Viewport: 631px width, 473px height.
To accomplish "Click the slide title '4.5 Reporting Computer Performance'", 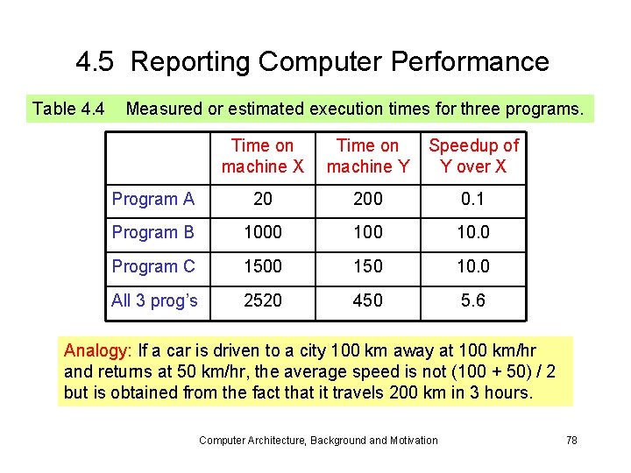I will point(312,62).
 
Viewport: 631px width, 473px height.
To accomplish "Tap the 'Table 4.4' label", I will point(68,109).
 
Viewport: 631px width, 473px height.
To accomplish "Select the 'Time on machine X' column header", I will point(262,156).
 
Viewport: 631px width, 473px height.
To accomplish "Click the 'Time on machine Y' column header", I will point(367,156).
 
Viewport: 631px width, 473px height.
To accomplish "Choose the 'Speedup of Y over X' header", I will point(473,156).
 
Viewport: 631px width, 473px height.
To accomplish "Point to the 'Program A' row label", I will point(152,200).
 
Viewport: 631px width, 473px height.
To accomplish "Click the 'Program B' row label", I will point(152,233).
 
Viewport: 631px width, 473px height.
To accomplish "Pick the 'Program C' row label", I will point(152,267).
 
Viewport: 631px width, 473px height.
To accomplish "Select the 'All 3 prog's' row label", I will point(154,301).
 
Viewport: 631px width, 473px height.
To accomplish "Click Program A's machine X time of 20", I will point(262,200).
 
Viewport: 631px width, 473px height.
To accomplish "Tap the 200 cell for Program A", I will point(367,200).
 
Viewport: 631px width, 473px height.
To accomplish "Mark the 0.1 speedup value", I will point(473,200).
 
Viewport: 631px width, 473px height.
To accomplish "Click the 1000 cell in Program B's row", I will point(262,233).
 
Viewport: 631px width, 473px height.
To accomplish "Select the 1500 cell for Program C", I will point(262,267).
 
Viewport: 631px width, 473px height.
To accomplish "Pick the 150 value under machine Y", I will point(367,267).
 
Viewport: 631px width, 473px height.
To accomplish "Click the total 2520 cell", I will point(262,301).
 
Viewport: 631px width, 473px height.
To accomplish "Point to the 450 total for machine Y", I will point(367,301).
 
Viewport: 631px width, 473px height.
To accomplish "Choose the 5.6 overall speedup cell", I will point(473,301).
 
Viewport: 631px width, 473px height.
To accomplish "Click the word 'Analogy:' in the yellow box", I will point(98,350).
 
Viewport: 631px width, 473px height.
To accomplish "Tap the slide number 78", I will point(571,440).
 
